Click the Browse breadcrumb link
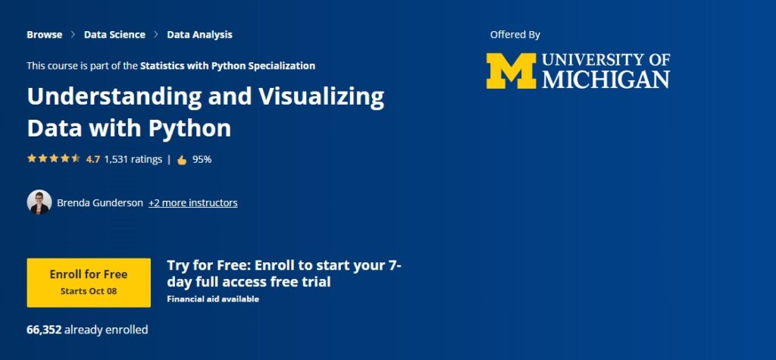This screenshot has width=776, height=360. (45, 34)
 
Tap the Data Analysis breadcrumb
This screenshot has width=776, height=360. (199, 34)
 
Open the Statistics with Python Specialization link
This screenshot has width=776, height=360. (227, 66)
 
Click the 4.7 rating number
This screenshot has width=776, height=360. (92, 159)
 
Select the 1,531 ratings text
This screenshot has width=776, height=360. (133, 159)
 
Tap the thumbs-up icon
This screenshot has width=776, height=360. (182, 160)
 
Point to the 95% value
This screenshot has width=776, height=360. (202, 159)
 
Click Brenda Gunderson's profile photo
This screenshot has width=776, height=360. (39, 202)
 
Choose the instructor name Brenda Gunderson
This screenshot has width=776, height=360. (100, 202)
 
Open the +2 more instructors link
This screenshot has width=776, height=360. (192, 202)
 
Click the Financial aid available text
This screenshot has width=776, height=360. (213, 299)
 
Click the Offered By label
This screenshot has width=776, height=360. (515, 34)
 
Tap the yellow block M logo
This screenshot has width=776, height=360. (510, 71)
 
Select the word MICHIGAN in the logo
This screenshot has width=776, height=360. (606, 80)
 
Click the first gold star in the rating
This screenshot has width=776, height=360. (32, 159)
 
